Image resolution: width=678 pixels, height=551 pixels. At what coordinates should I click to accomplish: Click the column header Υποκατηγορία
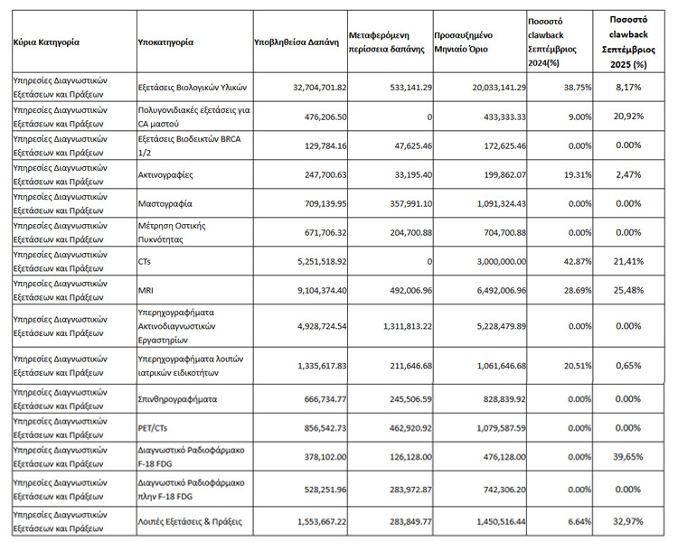[x=165, y=42]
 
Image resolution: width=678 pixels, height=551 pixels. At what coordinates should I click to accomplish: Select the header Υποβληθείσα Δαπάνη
[x=297, y=42]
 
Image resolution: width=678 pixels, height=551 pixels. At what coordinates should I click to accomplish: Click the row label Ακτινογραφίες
[x=165, y=174]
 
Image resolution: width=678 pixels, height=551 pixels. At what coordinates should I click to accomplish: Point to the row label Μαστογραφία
[x=165, y=203]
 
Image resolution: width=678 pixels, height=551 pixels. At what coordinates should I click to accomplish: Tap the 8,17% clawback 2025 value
[x=635, y=88]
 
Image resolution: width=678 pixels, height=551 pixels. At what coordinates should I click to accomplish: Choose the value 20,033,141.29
[x=485, y=88]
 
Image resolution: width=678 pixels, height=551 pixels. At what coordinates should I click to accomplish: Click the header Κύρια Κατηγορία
[x=46, y=42]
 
